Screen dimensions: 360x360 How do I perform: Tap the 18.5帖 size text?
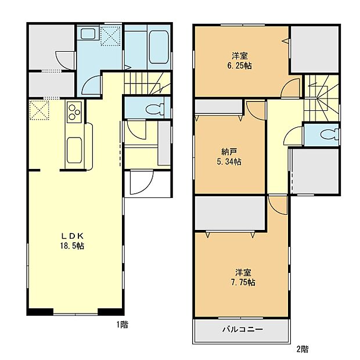tap(74, 246)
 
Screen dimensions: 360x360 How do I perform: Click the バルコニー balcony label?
tap(242, 329)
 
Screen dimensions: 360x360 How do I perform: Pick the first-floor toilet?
tap(154, 108)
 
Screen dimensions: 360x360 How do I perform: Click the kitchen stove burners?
tap(74, 112)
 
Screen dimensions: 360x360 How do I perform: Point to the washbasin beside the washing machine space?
tap(89, 35)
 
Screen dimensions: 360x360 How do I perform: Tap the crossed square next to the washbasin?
tap(111, 35)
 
